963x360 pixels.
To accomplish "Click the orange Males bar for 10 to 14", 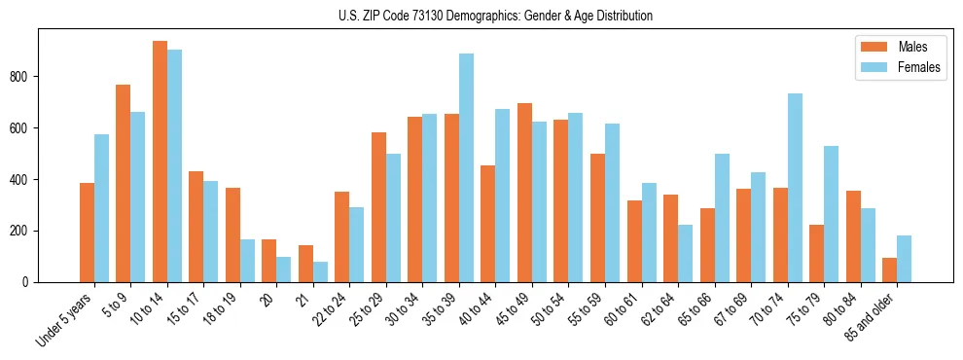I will click(160, 162).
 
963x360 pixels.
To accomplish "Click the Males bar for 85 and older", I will click(890, 270).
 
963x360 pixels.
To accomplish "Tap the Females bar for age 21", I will click(320, 271).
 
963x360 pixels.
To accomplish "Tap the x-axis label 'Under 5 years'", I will click(66, 319).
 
